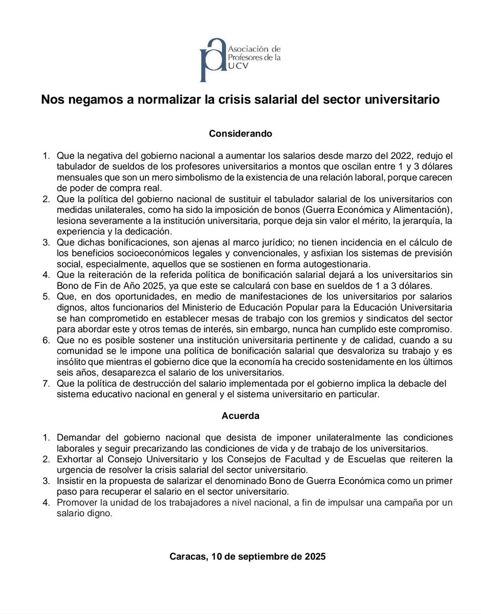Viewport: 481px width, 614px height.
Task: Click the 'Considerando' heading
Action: [x=240, y=134]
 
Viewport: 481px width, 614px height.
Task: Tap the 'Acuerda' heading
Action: [x=240, y=416]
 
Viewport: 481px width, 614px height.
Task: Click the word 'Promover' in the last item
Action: [x=76, y=503]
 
